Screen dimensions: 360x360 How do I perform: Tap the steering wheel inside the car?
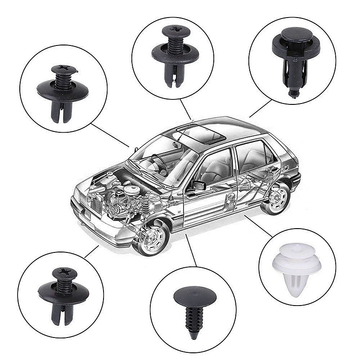(x=160, y=164)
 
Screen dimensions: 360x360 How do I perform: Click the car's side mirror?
(x=198, y=185)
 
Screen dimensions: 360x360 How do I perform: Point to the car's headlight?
(x=81, y=198)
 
